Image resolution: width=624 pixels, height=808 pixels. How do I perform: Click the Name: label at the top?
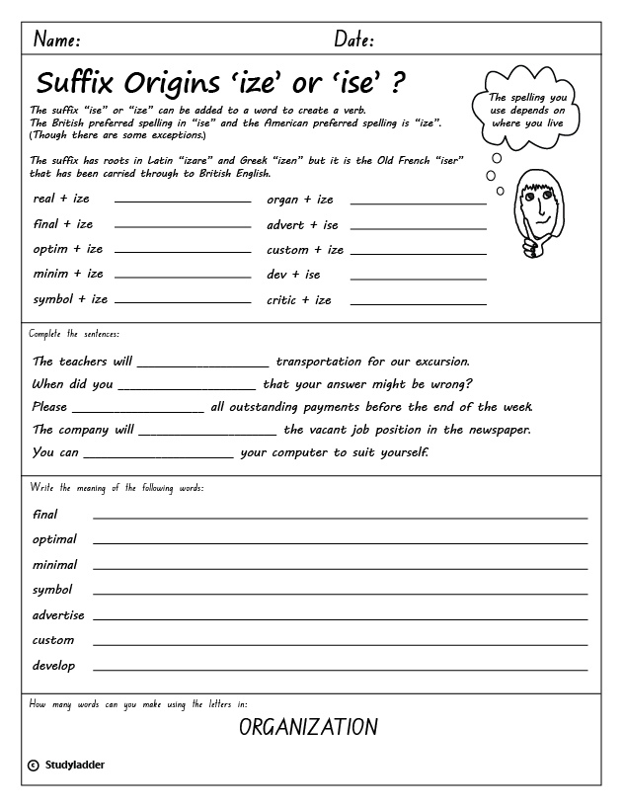pos(57,40)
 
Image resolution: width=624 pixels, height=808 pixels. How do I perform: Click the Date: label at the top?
pos(354,40)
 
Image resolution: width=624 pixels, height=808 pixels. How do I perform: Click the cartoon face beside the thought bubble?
pos(533,211)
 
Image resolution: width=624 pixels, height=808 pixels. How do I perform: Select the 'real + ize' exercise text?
pos(61,199)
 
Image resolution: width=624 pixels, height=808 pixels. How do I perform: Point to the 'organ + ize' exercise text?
pos(300,200)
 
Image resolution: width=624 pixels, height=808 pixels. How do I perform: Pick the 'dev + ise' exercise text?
pos(293,275)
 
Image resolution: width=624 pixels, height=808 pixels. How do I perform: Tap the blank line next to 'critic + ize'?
pos(418,302)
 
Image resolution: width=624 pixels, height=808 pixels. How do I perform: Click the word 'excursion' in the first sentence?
pos(433,362)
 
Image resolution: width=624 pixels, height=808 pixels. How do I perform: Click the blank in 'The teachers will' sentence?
pos(203,365)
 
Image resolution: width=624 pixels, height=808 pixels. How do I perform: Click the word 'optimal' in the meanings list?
pos(54,539)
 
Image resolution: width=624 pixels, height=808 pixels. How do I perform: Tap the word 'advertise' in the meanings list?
pos(58,614)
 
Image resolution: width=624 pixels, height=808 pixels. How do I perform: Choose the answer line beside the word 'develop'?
pos(340,669)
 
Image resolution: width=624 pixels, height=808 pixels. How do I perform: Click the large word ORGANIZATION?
pos(308,728)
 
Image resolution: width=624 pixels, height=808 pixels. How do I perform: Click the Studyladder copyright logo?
pos(66,765)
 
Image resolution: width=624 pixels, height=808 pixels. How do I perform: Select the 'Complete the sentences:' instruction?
pos(74,335)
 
